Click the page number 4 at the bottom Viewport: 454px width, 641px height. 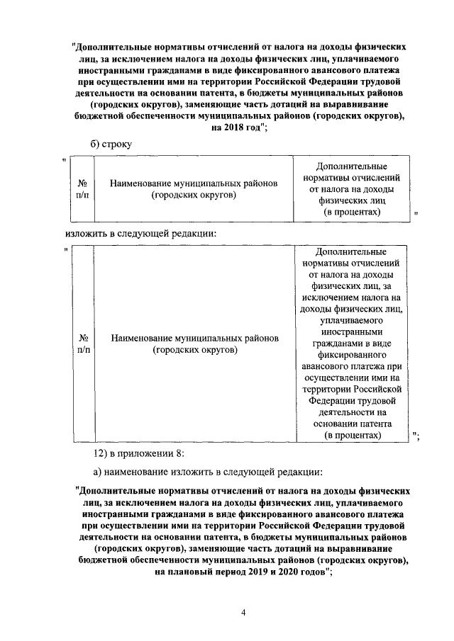(x=243, y=613)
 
